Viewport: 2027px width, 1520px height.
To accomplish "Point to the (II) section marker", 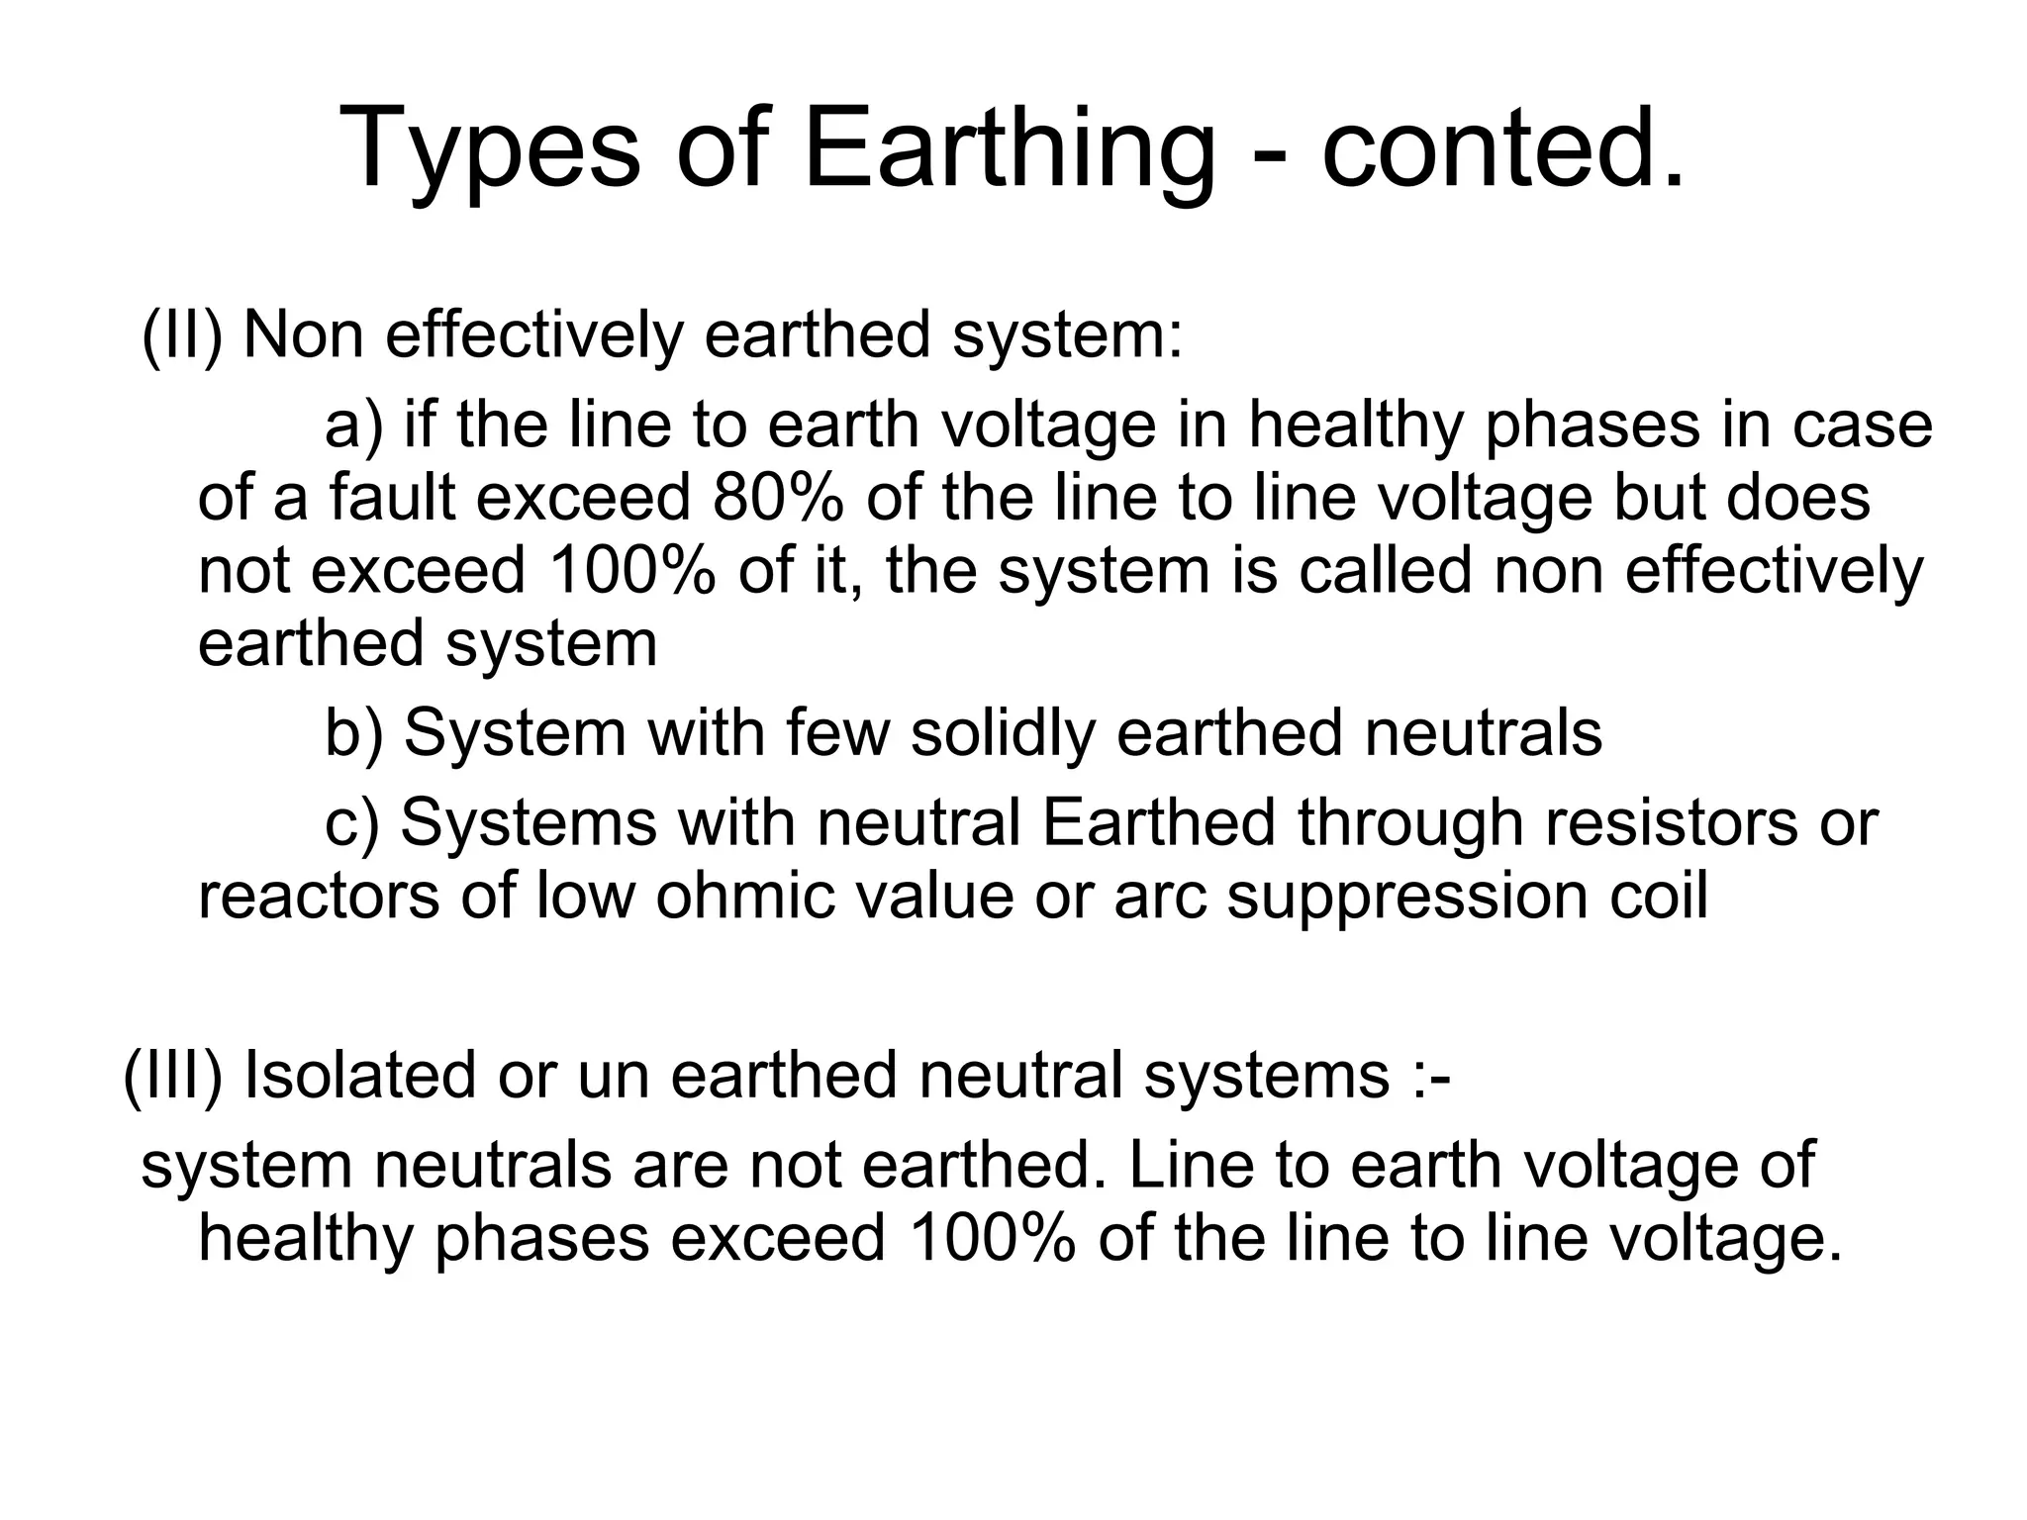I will [x=182, y=335].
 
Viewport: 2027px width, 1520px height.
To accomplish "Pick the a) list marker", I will [x=353, y=427].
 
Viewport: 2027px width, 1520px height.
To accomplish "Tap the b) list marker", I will [x=353, y=733].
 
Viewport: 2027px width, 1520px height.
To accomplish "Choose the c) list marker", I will [x=352, y=823].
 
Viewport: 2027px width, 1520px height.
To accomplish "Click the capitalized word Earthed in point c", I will [x=1159, y=823].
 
